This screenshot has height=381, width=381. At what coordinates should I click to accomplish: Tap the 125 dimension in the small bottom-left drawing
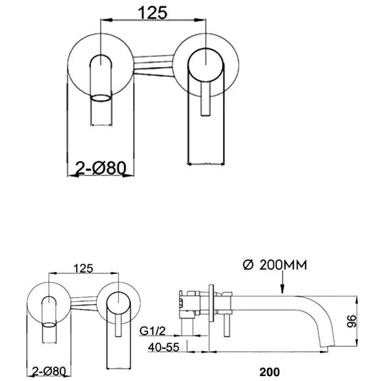point(84,268)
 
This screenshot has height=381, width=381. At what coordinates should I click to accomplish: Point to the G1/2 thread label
point(154,331)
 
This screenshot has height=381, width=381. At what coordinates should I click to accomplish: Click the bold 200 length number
point(270,371)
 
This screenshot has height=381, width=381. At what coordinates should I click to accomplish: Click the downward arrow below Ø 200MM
point(283,285)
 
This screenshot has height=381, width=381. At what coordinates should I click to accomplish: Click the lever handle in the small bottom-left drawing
point(117,320)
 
